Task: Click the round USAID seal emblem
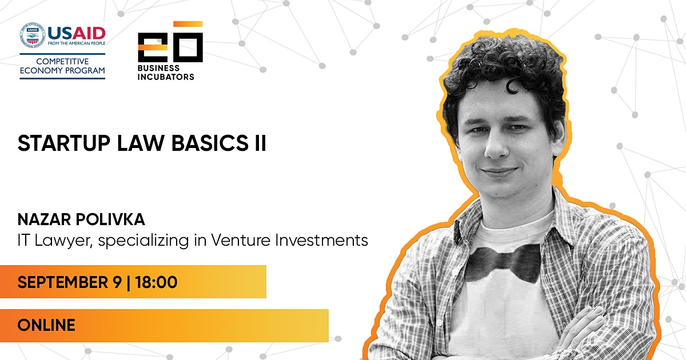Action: click(32, 35)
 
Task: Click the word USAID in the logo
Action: click(77, 33)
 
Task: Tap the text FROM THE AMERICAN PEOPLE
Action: click(77, 43)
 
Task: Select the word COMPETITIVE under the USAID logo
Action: click(62, 62)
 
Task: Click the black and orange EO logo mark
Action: click(170, 42)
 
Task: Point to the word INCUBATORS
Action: click(166, 77)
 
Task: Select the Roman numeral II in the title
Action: click(260, 143)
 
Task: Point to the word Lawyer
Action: click(63, 241)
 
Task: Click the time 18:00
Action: click(156, 282)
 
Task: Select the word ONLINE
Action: click(46, 325)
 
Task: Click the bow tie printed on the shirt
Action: click(503, 263)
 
